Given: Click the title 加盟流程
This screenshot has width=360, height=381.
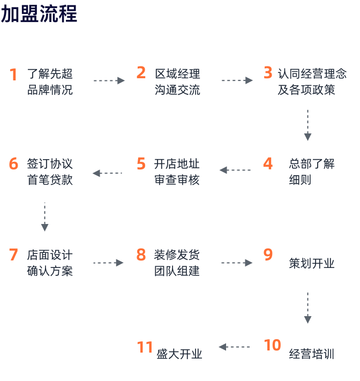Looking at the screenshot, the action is point(39,14).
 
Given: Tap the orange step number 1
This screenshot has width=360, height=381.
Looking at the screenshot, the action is point(13,74).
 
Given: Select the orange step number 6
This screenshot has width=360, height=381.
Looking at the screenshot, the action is point(13,163).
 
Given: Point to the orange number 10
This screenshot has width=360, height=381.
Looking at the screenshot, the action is point(273,345).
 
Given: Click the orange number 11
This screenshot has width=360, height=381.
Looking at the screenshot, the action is point(145,347).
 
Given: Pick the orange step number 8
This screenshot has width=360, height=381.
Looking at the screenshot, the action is point(141,255).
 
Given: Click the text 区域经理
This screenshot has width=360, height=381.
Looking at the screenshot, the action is point(177,74).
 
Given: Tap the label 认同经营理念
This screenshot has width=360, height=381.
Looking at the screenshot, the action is point(312,73).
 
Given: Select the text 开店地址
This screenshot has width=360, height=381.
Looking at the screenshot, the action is point(177,164).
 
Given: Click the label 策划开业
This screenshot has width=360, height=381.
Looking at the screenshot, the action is point(312,263).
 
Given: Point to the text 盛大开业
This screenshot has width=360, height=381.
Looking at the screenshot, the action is point(179,354).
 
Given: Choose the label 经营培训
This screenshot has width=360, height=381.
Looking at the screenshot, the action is point(312,354).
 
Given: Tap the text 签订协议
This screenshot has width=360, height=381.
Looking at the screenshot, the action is point(50,163).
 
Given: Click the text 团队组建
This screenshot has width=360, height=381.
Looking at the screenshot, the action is point(177,271).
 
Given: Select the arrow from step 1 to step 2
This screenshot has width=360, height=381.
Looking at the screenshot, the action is point(109,81).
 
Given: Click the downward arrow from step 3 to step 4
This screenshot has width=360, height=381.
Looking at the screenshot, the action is point(308,125).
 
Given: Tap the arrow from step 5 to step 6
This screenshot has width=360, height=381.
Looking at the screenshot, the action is point(107,173).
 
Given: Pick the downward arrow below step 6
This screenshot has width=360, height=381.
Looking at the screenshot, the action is point(44,216).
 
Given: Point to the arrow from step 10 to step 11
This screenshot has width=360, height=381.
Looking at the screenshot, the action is point(234,347).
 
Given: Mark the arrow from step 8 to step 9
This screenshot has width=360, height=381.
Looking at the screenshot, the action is point(237,263).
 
